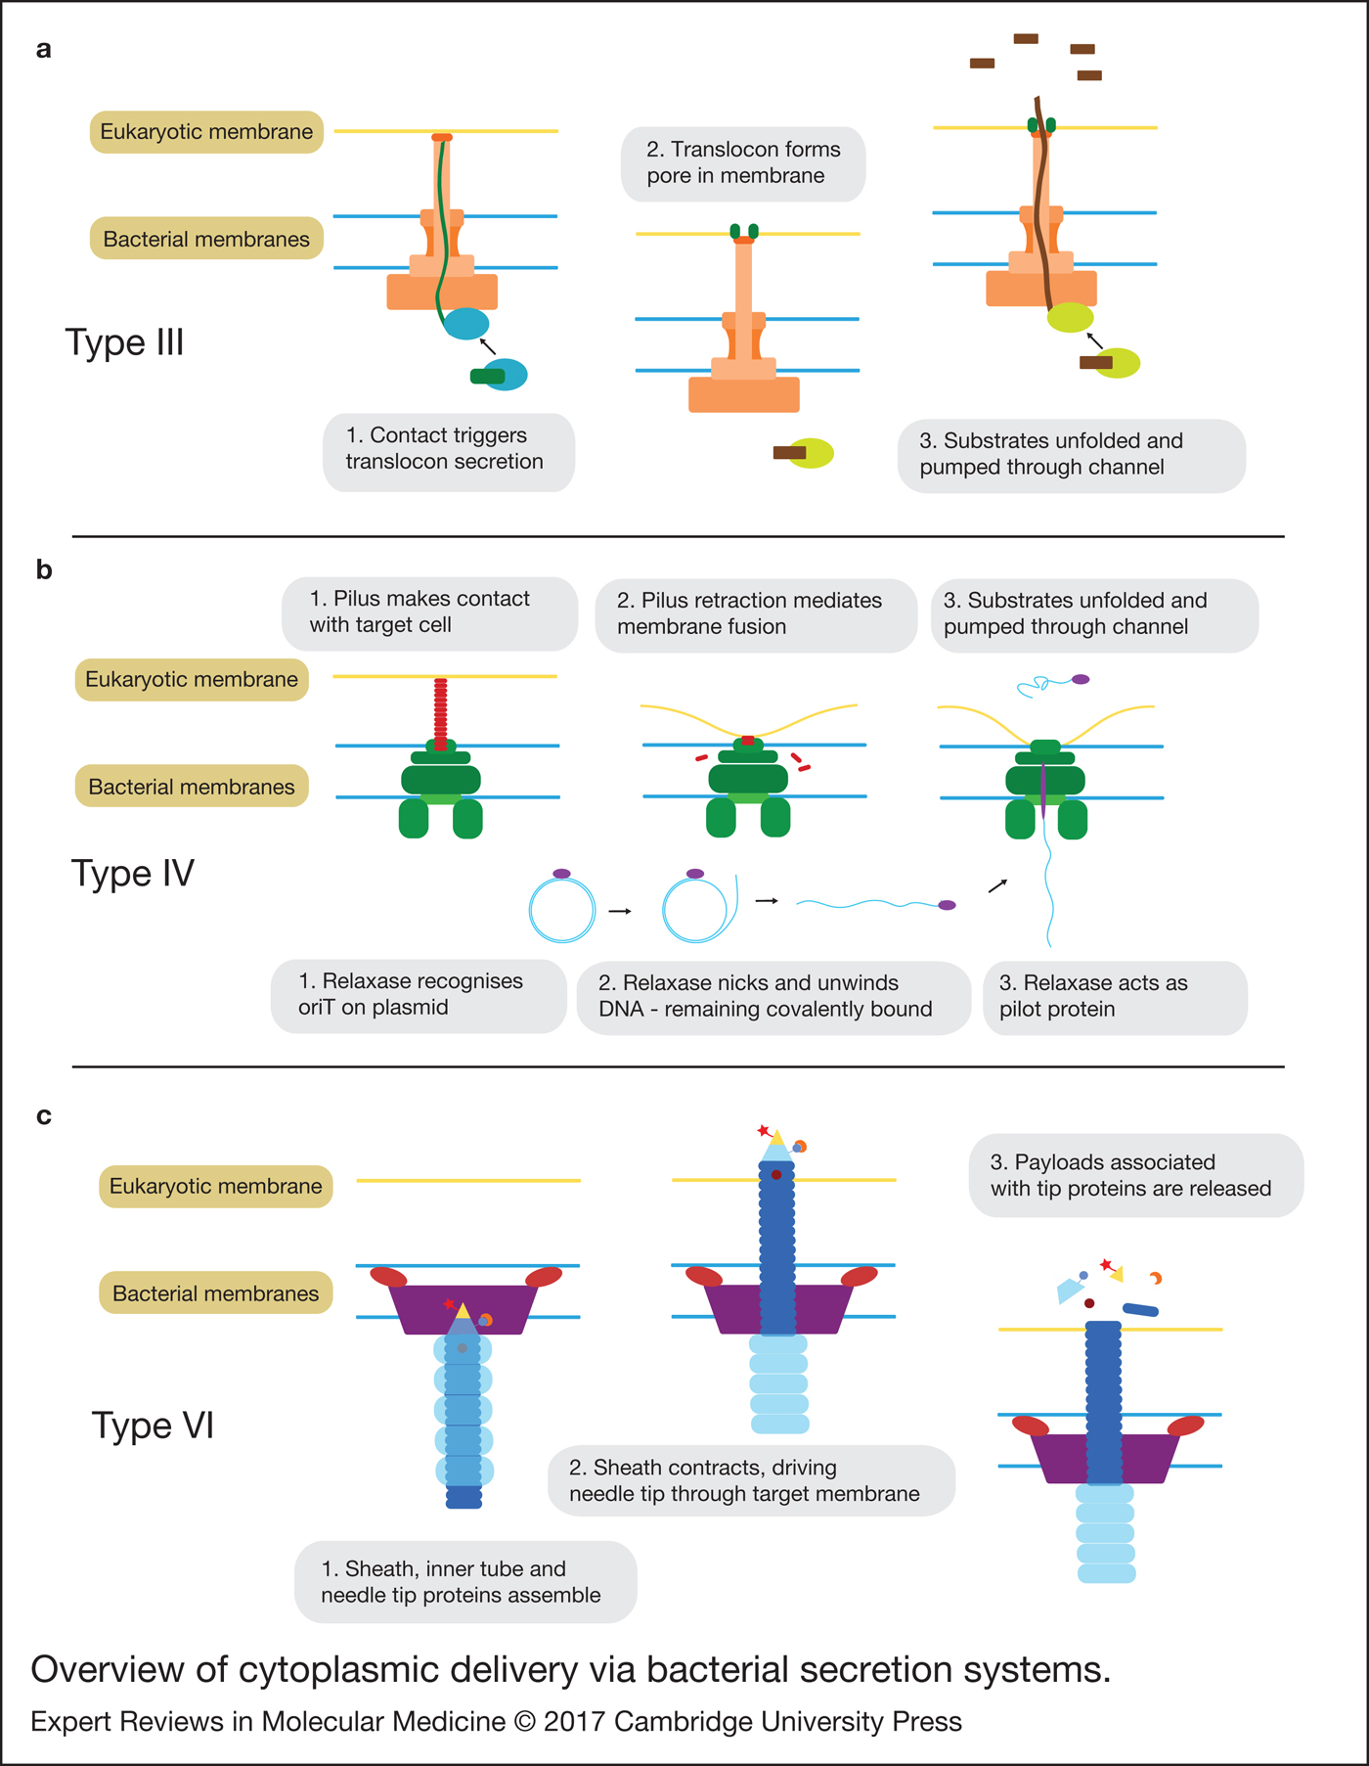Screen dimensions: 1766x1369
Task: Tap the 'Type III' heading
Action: coord(124,342)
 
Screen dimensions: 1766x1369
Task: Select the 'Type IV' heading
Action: coord(132,873)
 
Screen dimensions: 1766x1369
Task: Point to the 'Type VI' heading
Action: coord(153,1426)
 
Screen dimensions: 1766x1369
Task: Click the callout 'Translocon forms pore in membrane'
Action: coord(742,163)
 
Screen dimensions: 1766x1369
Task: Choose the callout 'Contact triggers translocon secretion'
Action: coord(448,449)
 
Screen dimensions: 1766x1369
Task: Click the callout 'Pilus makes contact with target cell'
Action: coord(428,612)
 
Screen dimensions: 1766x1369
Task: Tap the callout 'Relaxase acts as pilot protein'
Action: coord(1114,996)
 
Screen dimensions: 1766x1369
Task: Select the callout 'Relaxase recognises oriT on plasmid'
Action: coord(418,995)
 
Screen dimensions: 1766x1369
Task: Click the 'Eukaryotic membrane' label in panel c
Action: coord(215,1187)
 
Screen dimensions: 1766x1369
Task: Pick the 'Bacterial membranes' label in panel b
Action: coord(192,787)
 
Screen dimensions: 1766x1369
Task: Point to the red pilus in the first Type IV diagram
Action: coord(440,712)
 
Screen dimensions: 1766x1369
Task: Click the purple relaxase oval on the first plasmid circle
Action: coord(561,874)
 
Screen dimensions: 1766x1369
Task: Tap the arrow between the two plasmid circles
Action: coord(620,911)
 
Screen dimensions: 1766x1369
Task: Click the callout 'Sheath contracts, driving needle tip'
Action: coord(750,1480)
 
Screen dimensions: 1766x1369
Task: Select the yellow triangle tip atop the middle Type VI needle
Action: coord(777,1138)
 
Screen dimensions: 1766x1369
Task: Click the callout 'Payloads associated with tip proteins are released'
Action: coord(1134,1175)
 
